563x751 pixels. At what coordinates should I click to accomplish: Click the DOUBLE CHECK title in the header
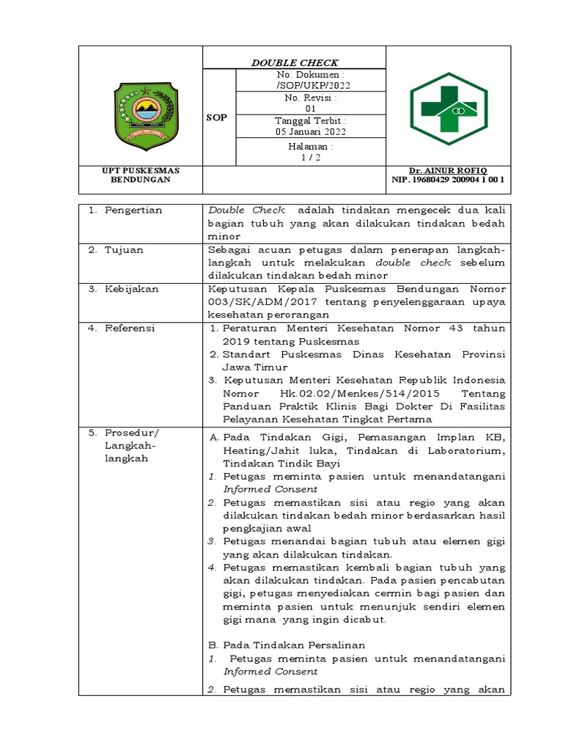[295, 62]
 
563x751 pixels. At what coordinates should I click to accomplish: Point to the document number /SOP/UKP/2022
[310, 85]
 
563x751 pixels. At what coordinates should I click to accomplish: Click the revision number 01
[310, 108]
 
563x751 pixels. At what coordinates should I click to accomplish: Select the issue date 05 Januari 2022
[310, 132]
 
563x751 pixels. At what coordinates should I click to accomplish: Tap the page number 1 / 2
[310, 155]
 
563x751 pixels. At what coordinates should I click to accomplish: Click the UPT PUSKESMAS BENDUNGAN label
[140, 175]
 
